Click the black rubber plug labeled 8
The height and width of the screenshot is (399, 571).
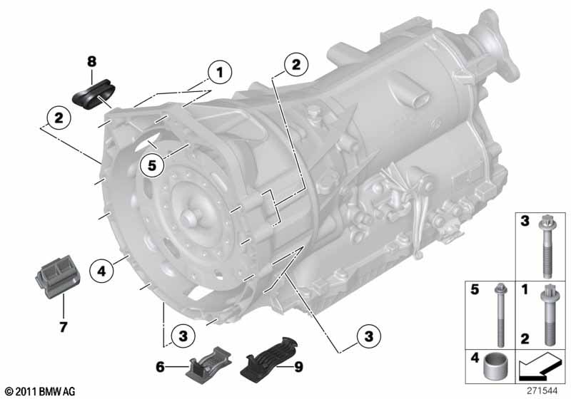pyautogui.click(x=94, y=94)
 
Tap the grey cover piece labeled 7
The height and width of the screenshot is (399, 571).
pyautogui.click(x=58, y=277)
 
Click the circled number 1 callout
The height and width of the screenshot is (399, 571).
pyautogui.click(x=220, y=72)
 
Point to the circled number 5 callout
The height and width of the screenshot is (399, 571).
pyautogui.click(x=152, y=165)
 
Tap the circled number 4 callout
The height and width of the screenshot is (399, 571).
pyautogui.click(x=101, y=271)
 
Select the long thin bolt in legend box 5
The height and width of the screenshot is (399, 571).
pyautogui.click(x=498, y=315)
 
